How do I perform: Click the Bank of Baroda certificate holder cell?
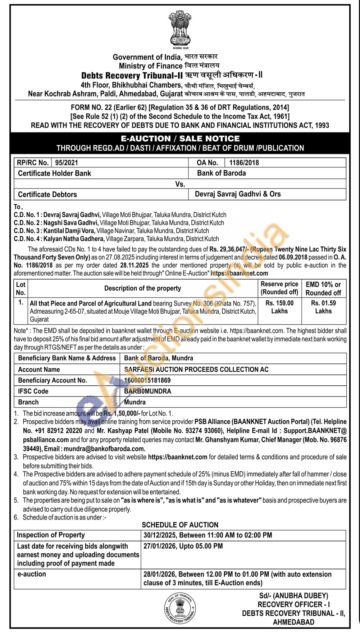[x=221, y=173]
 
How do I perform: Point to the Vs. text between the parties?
[x=180, y=184]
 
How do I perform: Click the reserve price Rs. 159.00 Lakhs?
[x=279, y=307]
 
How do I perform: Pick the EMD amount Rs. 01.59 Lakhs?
[x=323, y=307]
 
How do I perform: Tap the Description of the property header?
[x=142, y=288]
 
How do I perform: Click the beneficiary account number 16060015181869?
[x=147, y=380]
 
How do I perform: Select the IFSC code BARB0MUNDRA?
[x=147, y=391]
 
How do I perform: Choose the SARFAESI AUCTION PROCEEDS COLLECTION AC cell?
[x=196, y=369]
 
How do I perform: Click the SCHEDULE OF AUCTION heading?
[x=180, y=525]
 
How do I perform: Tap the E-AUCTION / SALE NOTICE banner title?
[x=180, y=139]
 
